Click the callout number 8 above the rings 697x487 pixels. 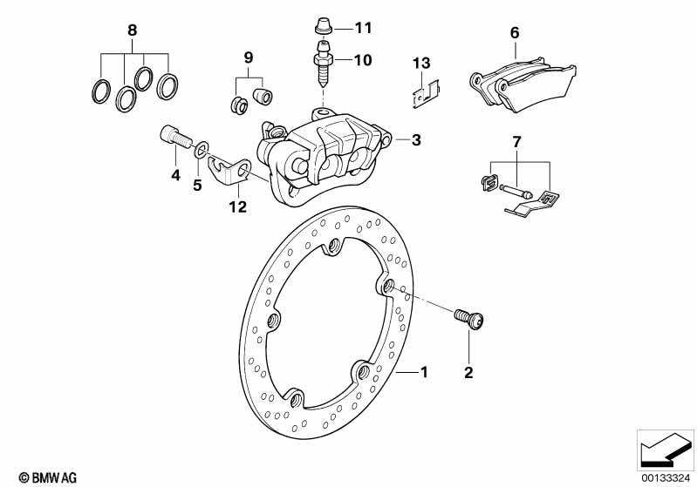point(132,30)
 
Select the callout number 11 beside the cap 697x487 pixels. point(363,28)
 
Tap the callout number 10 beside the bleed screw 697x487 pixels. point(363,60)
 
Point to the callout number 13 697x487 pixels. point(421,63)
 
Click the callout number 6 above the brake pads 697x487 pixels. point(515,33)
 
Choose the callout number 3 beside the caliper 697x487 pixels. point(416,140)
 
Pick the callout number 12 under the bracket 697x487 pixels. point(238,206)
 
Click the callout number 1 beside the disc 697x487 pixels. point(424,372)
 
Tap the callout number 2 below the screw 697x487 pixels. point(468,373)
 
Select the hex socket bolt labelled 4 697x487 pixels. point(175,136)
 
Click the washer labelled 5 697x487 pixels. point(202,149)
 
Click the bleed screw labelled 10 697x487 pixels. point(323,64)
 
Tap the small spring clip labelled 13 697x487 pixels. point(426,94)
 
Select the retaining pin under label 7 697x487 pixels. point(515,191)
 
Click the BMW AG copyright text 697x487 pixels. point(48,477)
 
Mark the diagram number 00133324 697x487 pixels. point(666,478)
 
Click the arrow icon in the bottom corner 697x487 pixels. point(666,451)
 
